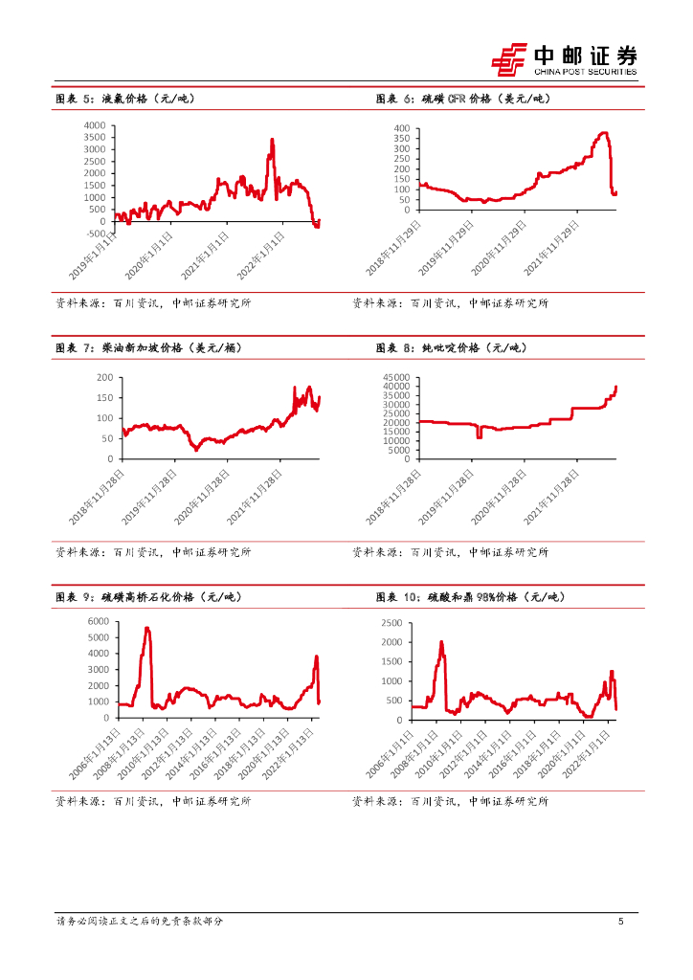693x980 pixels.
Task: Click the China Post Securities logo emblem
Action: (x=510, y=58)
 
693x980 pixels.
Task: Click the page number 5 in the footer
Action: (x=621, y=921)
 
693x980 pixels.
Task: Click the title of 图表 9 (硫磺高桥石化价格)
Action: (x=148, y=597)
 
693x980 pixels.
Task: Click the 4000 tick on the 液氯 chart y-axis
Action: (x=95, y=125)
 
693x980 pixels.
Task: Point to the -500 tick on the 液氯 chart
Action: (x=95, y=234)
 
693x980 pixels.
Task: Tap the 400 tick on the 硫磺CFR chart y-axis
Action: (x=401, y=128)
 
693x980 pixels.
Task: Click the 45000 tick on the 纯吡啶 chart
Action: (x=395, y=377)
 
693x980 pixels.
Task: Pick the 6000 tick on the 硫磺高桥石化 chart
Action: (x=100, y=622)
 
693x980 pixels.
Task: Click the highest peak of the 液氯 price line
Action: (x=272, y=140)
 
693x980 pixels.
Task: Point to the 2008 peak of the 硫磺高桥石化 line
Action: (x=147, y=628)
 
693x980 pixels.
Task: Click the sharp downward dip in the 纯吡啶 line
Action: (x=479, y=436)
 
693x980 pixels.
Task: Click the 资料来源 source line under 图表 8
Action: (x=450, y=552)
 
